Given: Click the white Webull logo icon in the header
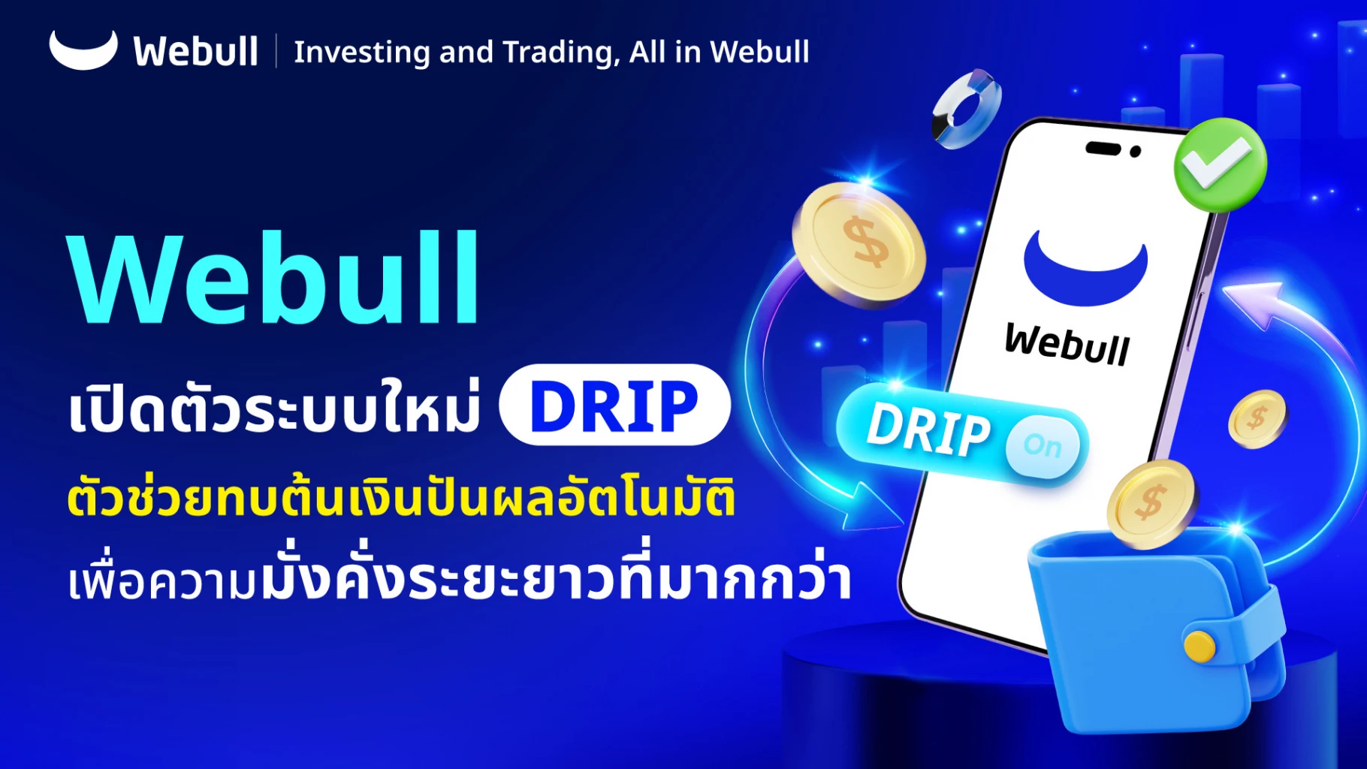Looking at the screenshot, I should [x=83, y=51].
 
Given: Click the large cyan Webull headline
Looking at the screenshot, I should [x=274, y=279].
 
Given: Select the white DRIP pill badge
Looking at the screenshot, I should [x=614, y=406].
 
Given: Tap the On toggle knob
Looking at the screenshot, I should [x=1043, y=446].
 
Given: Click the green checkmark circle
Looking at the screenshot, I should [x=1220, y=164].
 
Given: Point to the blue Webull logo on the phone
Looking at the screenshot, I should [x=1085, y=270].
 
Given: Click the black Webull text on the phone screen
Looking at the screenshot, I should [x=1067, y=344].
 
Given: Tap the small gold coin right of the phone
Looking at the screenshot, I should [x=1257, y=418].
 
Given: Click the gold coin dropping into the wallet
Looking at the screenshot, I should [x=1150, y=503].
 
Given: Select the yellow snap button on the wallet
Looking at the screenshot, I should [x=1199, y=646].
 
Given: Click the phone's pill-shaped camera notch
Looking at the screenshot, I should [x=1103, y=148].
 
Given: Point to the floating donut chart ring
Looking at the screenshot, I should [x=967, y=109].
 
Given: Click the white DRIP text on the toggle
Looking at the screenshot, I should [x=928, y=430].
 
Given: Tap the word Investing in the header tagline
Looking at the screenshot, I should [x=361, y=53].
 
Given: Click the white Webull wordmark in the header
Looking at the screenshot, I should [x=195, y=52].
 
